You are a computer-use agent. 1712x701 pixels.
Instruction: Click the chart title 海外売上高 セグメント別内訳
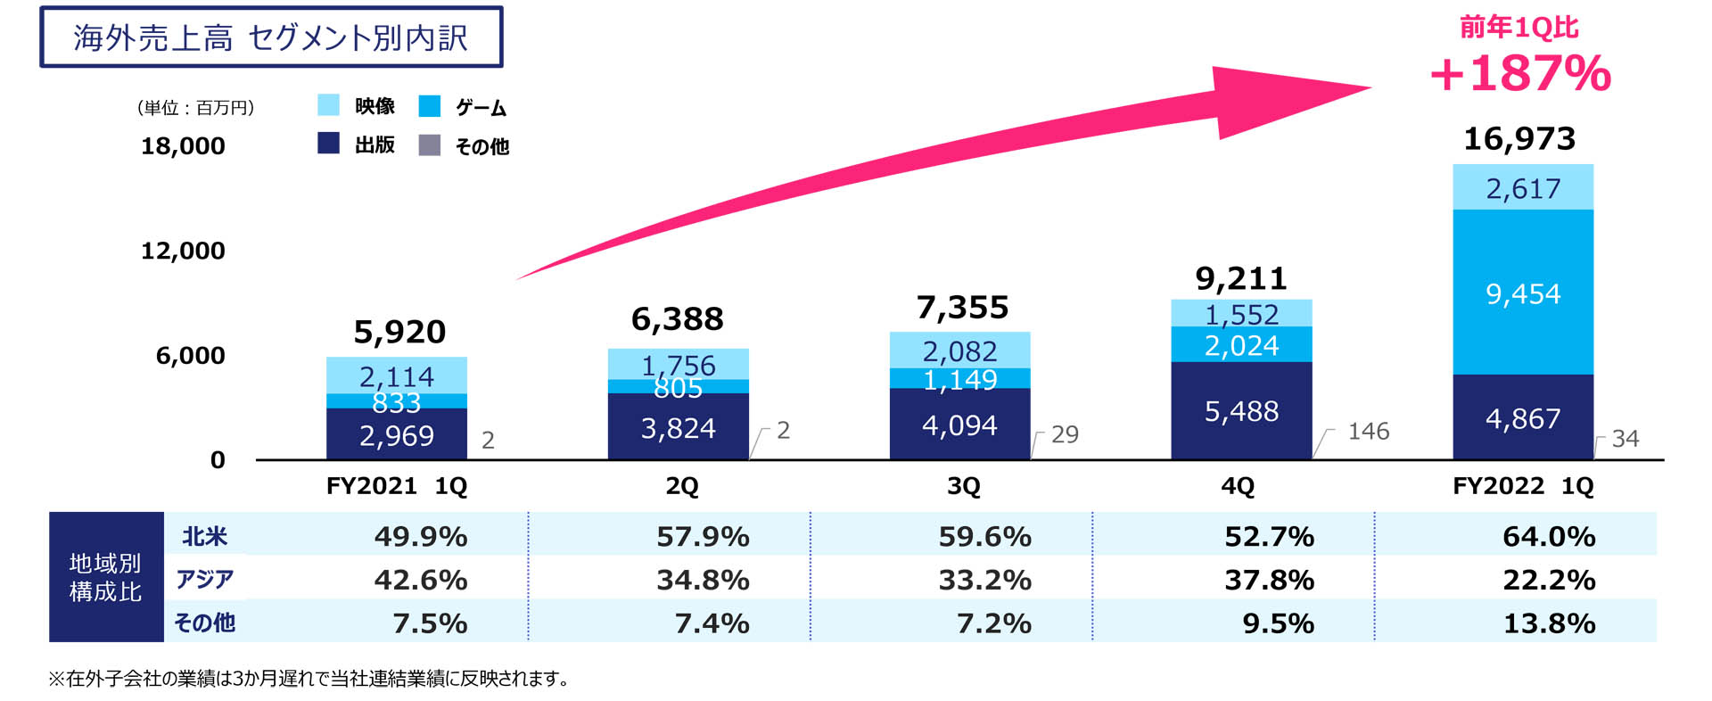click(x=270, y=37)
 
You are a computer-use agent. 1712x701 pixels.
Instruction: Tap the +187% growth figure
click(x=1520, y=73)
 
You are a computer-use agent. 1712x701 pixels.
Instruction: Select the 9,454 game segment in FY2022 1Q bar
click(x=1523, y=293)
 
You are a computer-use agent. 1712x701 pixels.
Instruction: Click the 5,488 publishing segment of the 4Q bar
click(x=1241, y=411)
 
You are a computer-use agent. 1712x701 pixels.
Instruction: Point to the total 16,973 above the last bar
click(x=1519, y=138)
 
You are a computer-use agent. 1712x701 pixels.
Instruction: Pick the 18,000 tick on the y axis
click(x=183, y=145)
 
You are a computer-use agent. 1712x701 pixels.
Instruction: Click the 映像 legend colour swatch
click(x=328, y=105)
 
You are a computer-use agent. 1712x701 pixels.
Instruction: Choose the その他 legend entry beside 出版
click(x=465, y=145)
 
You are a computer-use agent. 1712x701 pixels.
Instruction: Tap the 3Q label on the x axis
click(x=963, y=486)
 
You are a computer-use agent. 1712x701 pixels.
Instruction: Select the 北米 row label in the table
click(x=204, y=536)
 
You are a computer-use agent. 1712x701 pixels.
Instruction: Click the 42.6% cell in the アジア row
click(x=420, y=580)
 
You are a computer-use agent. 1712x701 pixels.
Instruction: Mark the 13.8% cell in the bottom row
click(x=1549, y=623)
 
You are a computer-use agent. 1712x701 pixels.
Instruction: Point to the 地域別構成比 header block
click(x=105, y=577)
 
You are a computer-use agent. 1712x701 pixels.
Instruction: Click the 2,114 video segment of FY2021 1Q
click(x=397, y=376)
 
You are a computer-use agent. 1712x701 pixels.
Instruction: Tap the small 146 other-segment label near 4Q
click(x=1368, y=432)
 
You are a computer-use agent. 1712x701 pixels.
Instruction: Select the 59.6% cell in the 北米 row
click(x=984, y=536)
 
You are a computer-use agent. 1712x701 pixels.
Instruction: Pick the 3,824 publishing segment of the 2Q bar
click(x=678, y=428)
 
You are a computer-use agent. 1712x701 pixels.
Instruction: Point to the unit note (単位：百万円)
click(x=196, y=108)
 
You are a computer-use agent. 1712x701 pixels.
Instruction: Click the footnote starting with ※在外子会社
click(x=309, y=679)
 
